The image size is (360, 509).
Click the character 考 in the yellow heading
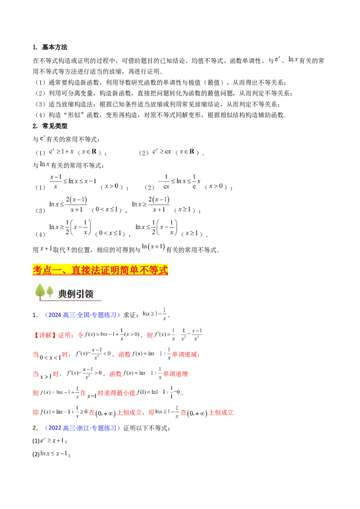click(37, 270)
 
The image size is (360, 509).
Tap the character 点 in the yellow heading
click(48, 270)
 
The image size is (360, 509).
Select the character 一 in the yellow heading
click(58, 270)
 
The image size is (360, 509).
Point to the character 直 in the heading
click(79, 270)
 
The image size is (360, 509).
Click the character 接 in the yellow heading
click(89, 270)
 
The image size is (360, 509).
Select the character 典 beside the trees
click(63, 294)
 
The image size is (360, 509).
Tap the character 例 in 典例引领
click(72, 294)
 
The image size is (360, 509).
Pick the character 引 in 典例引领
click(80, 294)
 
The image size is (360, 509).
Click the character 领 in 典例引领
click(89, 294)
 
